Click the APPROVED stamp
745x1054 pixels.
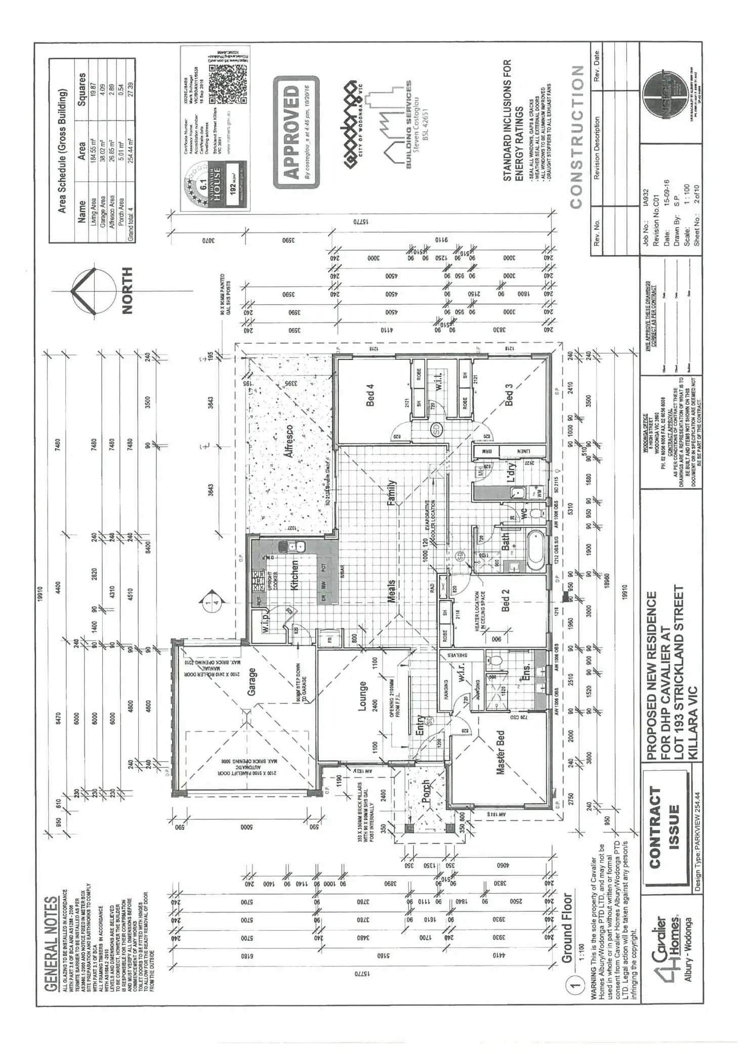point(296,132)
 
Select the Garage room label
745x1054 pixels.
point(252,682)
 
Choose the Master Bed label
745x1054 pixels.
point(501,752)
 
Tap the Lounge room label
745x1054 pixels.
point(362,696)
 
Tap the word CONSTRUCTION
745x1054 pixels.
point(576,137)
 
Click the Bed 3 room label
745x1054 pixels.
point(509,394)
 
